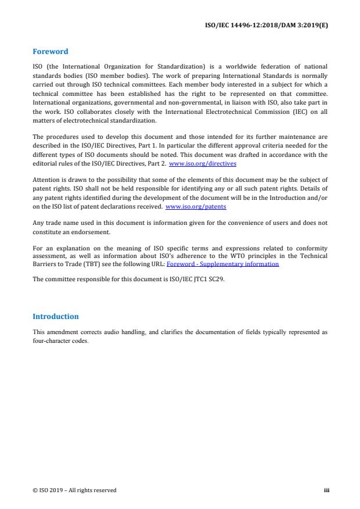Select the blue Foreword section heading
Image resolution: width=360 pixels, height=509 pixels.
pyautogui.click(x=51, y=52)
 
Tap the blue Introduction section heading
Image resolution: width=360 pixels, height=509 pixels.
pyautogui.click(x=55, y=317)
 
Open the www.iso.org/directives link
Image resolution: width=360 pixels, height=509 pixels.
pyautogui.click(x=198, y=163)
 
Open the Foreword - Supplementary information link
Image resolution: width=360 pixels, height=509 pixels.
pyautogui.click(x=222, y=264)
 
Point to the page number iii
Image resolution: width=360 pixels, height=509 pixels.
pyautogui.click(x=326, y=490)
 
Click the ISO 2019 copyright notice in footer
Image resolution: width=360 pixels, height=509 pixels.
pyautogui.click(x=74, y=490)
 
